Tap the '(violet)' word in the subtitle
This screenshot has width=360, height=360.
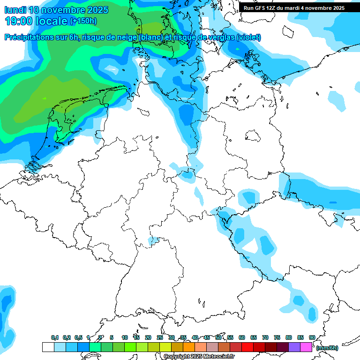(x=249, y=37)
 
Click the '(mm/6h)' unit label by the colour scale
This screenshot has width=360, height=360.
(x=327, y=348)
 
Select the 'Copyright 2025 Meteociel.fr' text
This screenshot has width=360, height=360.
(x=199, y=357)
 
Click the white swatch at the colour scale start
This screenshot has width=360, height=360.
(x=48, y=347)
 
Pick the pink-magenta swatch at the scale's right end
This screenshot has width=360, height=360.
(x=306, y=347)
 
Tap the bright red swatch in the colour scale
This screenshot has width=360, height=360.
(x=247, y=347)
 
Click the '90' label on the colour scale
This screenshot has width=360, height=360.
(x=312, y=337)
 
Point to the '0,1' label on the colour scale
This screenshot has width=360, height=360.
(x=55, y=337)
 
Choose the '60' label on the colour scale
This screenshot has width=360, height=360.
(x=242, y=337)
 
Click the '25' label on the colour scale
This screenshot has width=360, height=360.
(x=160, y=337)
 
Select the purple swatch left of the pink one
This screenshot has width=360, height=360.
(x=294, y=347)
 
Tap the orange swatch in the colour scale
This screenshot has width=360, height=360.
(x=189, y=347)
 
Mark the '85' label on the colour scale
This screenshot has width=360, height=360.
(x=300, y=337)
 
